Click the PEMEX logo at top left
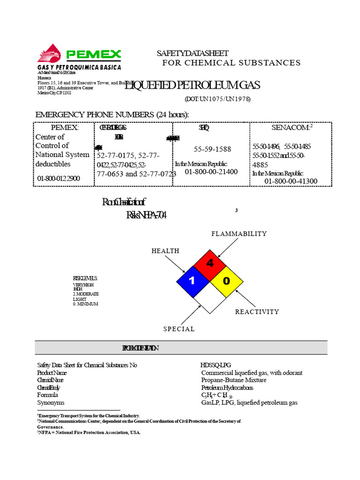coord(79,56)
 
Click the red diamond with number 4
coord(210,264)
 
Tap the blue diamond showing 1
coord(193,281)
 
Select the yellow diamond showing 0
coord(226,281)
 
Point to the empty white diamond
coord(210,298)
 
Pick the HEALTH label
coord(165,251)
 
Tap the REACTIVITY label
coord(257,312)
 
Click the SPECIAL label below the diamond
coord(179,329)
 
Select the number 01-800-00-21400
coord(211,172)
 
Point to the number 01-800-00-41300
coord(291,181)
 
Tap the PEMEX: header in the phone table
coord(65,127)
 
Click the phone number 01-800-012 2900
coord(59,178)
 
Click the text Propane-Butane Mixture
coord(233,380)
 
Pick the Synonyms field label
coord(51,403)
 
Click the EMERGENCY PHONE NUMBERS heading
coord(112,115)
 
